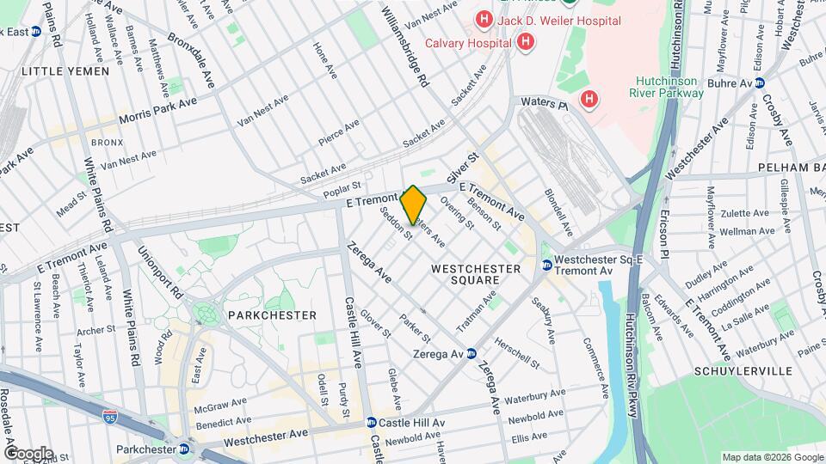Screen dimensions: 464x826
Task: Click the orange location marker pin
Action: (x=413, y=206)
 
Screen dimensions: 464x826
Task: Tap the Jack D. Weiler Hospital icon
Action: (x=484, y=18)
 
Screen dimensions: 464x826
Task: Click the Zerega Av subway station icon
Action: (x=472, y=354)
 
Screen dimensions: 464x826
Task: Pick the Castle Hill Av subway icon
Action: (x=371, y=423)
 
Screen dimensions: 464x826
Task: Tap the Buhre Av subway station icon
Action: (x=760, y=83)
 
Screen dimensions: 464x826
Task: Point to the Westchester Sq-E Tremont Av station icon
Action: (x=546, y=264)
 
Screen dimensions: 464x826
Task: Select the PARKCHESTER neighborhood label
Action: (x=272, y=315)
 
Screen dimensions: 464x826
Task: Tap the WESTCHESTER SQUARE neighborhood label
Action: (x=477, y=274)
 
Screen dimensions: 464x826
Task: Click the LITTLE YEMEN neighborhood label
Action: (x=65, y=71)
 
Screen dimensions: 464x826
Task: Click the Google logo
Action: (x=28, y=454)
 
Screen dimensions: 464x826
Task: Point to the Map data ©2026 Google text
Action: (x=772, y=457)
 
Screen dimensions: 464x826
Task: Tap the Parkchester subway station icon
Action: (x=184, y=449)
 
